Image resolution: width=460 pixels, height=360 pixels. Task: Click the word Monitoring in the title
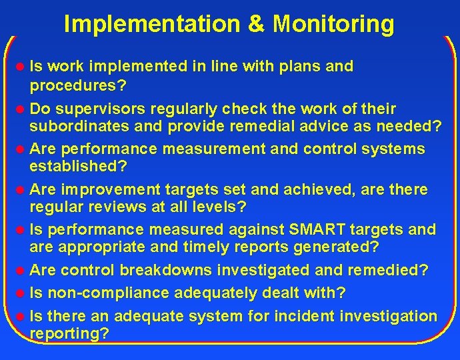pyautogui.click(x=333, y=23)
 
